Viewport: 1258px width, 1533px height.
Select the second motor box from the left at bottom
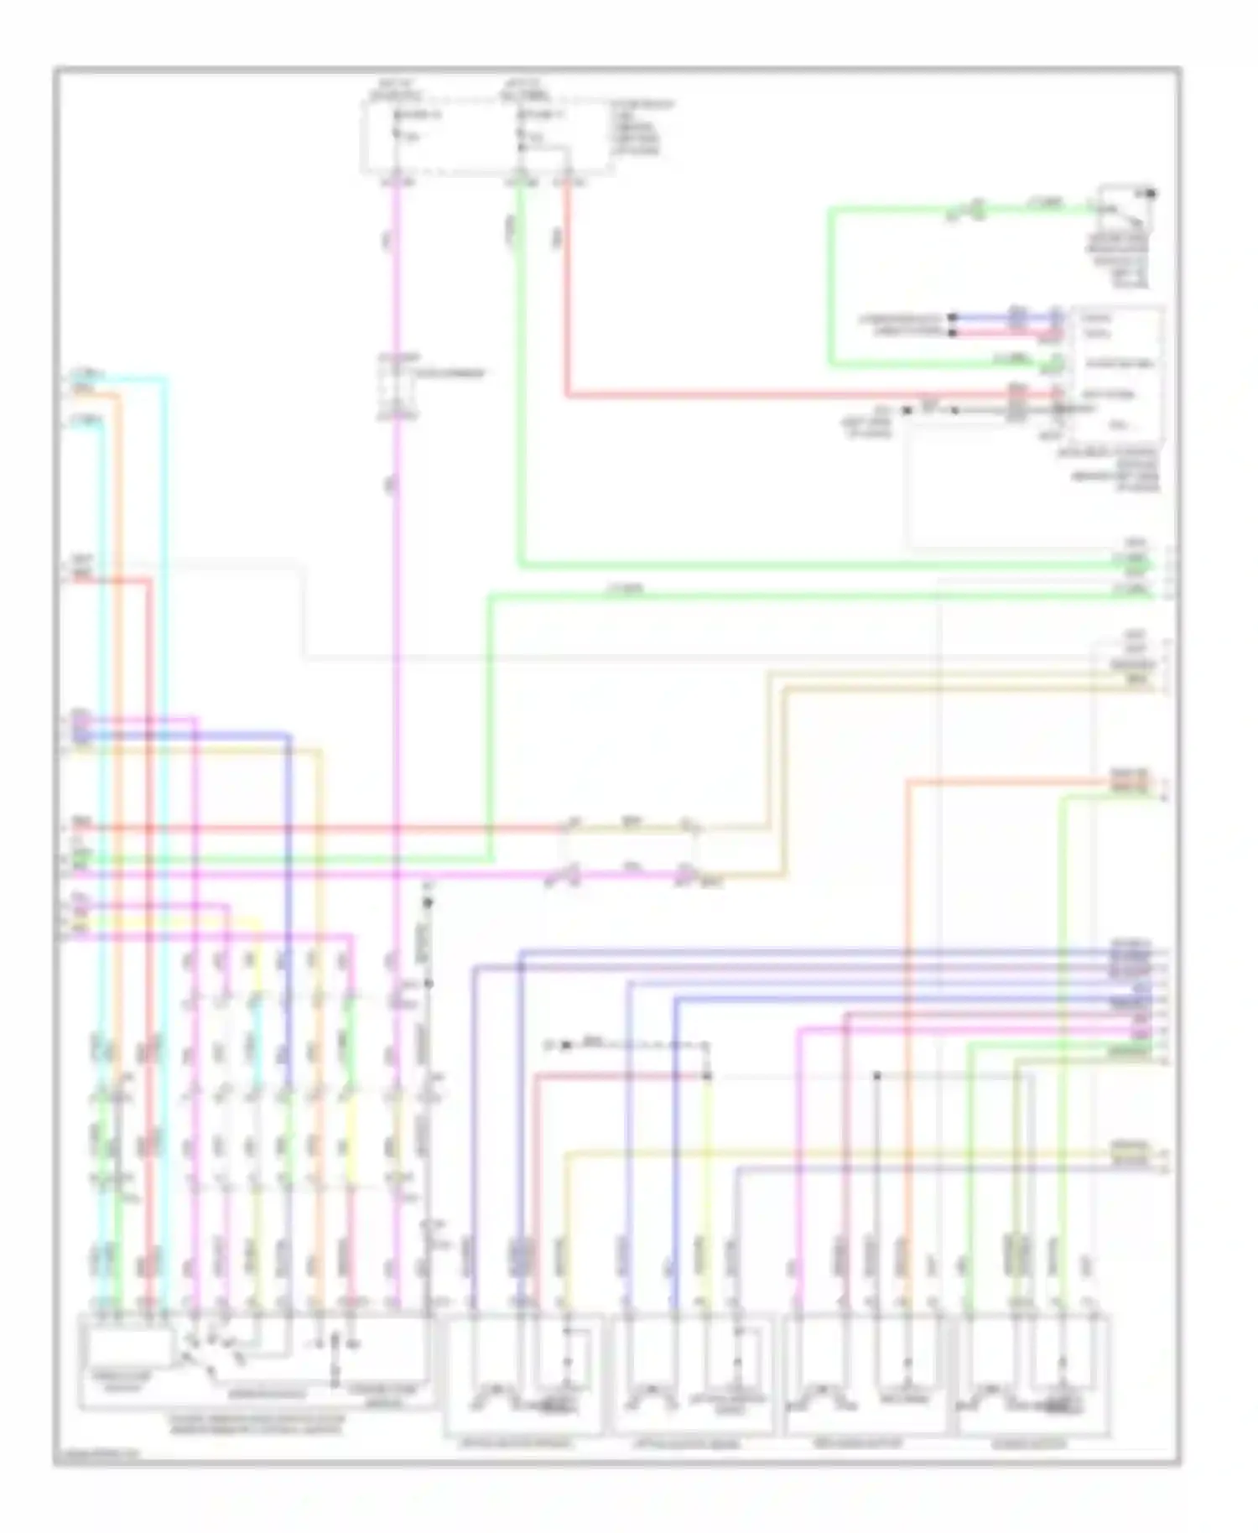pos(693,1375)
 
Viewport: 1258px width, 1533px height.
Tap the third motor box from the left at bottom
pos(864,1375)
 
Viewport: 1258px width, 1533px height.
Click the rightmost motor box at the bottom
pos(1035,1375)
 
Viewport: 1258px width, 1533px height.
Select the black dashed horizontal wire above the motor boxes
pos(637,1046)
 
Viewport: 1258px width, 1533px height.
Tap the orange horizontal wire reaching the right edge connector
pos(1006,782)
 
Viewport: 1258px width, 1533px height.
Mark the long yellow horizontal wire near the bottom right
pos(839,1154)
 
